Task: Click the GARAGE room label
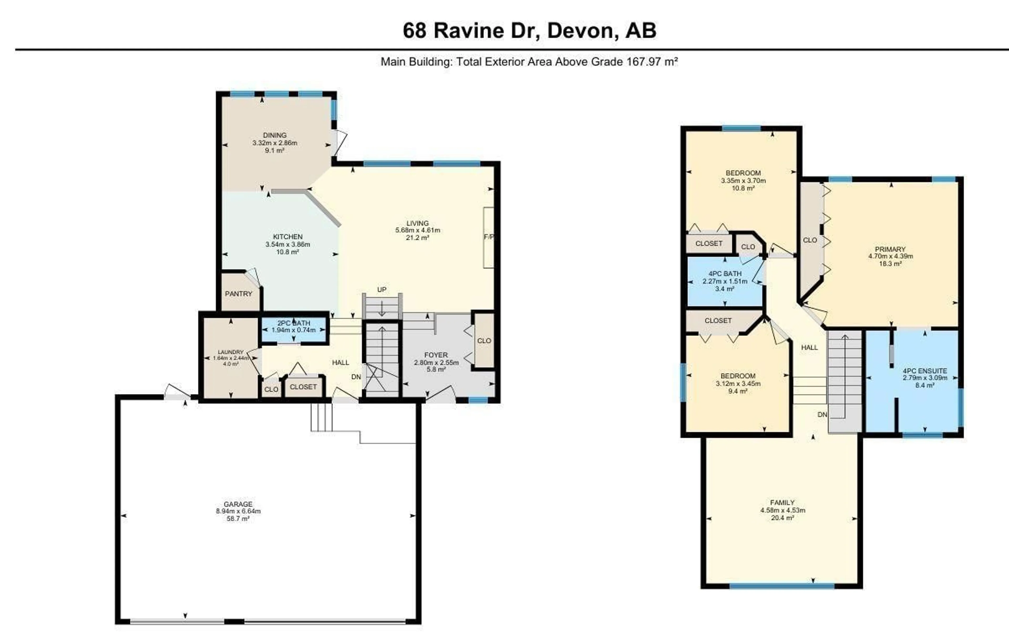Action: [238, 504]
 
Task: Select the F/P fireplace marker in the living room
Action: [488, 237]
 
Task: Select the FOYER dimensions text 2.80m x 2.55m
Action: [436, 363]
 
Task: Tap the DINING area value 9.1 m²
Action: [275, 150]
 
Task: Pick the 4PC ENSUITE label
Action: [925, 371]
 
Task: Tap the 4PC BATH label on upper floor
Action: [725, 274]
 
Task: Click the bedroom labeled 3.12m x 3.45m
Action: [738, 384]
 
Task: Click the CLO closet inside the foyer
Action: [484, 341]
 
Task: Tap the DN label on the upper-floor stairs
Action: [822, 415]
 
